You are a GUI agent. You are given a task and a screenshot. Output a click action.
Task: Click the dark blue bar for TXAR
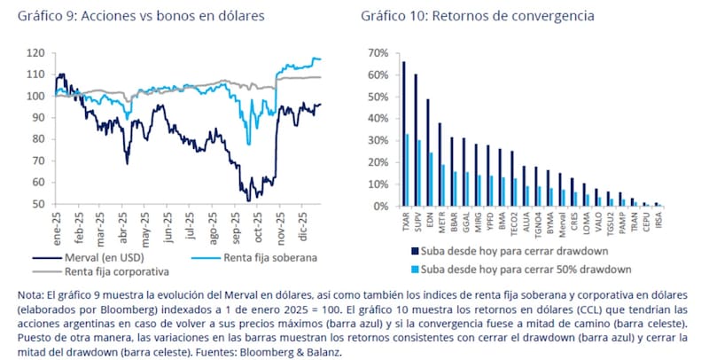pyautogui.click(x=404, y=134)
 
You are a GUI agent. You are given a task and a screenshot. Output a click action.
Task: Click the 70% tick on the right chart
pyautogui.click(x=378, y=53)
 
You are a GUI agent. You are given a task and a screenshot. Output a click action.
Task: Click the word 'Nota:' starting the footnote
pyautogui.click(x=33, y=294)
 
